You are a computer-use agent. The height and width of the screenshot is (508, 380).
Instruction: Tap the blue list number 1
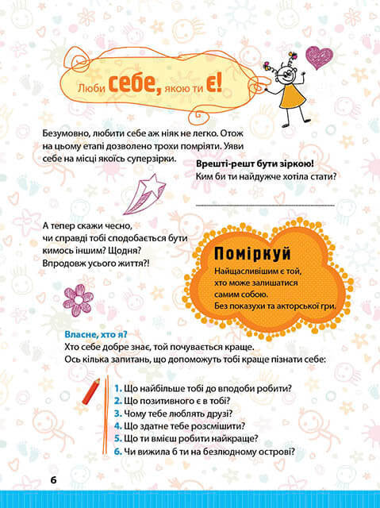(116, 388)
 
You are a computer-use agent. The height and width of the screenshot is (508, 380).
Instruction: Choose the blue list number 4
(117, 426)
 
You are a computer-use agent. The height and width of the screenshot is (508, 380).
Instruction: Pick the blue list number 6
(117, 452)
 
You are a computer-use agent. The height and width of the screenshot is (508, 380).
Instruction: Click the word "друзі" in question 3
(216, 414)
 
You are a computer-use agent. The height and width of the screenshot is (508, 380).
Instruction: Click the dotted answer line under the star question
(265, 204)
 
